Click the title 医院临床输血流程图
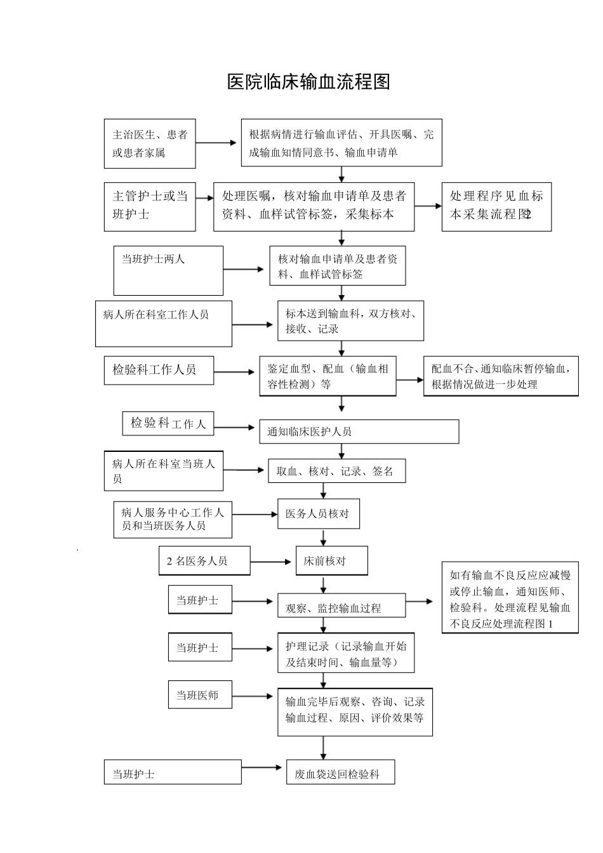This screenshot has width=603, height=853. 308,82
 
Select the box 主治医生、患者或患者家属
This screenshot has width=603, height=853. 150,143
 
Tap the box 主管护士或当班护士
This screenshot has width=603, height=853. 150,206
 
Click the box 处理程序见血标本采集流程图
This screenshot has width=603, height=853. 496,206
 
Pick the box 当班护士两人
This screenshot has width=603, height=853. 168,270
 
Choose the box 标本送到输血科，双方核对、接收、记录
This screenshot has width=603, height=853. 350,321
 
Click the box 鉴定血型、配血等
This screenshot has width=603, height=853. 328,376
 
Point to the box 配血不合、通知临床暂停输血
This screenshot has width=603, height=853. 501,376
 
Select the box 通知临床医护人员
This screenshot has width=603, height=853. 359,432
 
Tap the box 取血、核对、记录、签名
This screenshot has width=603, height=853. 336,471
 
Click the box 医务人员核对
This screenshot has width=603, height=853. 319,513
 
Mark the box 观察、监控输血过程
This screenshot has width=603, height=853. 341,606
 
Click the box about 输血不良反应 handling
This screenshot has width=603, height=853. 510,598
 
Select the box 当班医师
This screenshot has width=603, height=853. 200,695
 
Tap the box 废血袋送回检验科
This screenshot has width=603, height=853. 340,772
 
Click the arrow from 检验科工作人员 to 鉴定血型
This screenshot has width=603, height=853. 235,372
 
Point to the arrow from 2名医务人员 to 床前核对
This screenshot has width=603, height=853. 271,562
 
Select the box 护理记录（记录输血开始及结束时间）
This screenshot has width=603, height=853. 346,652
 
